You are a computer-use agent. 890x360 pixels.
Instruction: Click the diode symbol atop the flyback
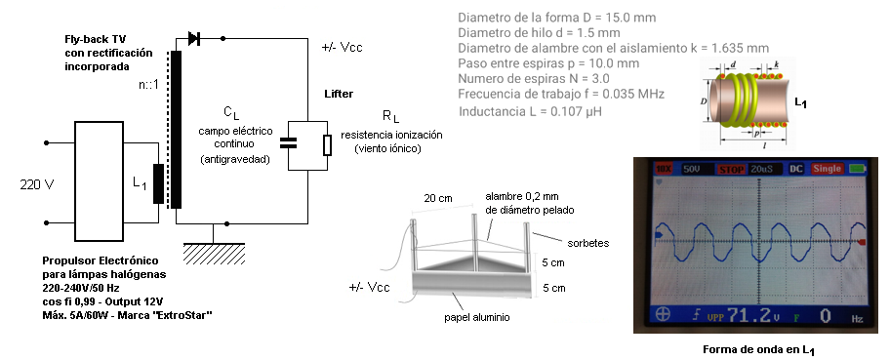(193, 39)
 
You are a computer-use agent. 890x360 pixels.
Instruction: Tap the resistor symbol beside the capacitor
(327, 145)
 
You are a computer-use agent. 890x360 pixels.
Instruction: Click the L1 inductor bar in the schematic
(158, 183)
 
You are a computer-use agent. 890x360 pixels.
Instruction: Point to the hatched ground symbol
(214, 254)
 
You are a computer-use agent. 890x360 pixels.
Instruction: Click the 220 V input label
(36, 184)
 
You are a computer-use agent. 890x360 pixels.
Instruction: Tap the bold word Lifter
(339, 94)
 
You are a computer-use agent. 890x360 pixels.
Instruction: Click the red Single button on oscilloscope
(826, 169)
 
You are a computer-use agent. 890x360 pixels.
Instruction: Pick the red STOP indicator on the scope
(731, 169)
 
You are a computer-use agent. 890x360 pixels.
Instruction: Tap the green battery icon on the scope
(856, 169)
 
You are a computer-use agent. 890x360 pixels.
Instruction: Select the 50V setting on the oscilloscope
(691, 169)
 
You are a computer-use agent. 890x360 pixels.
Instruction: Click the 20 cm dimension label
(437, 198)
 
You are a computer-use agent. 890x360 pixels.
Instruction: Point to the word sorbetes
(588, 243)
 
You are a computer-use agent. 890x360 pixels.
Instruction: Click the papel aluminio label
(476, 317)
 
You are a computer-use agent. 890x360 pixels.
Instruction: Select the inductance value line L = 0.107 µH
(530, 111)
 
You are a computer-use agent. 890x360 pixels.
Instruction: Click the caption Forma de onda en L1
(758, 349)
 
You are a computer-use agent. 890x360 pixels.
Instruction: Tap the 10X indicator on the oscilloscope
(663, 169)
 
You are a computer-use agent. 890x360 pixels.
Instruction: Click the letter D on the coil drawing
(704, 100)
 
